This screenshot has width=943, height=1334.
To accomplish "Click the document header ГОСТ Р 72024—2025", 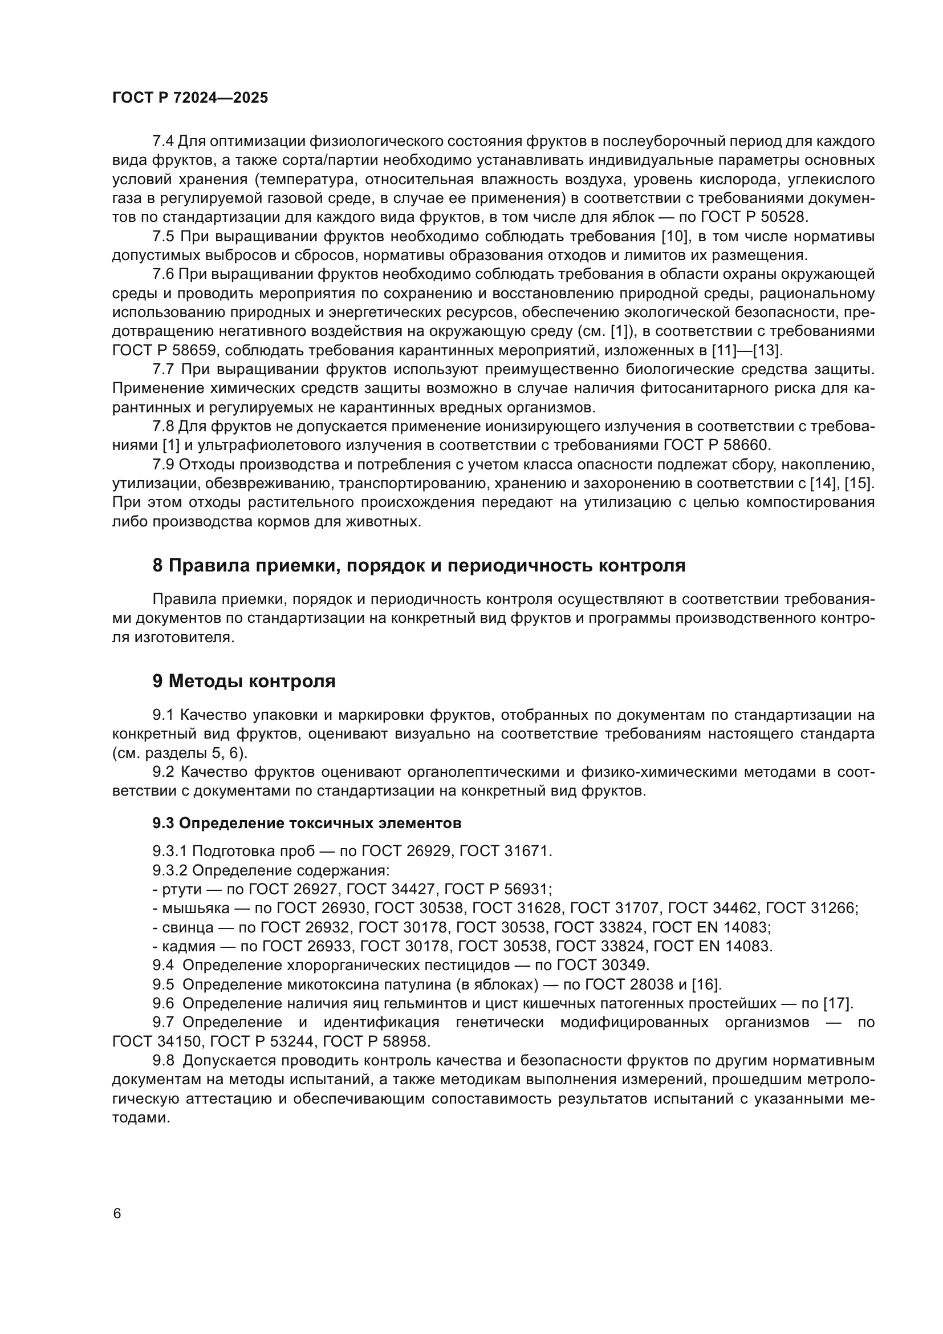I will pos(190,98).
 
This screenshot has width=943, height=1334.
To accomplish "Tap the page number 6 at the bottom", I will pos(117,1214).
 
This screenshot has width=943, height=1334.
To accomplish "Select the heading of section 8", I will pos(418,565).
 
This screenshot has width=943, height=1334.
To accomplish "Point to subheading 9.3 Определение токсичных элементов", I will pos(307,824).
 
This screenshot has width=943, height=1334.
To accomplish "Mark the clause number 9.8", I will pos(163,1060).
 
